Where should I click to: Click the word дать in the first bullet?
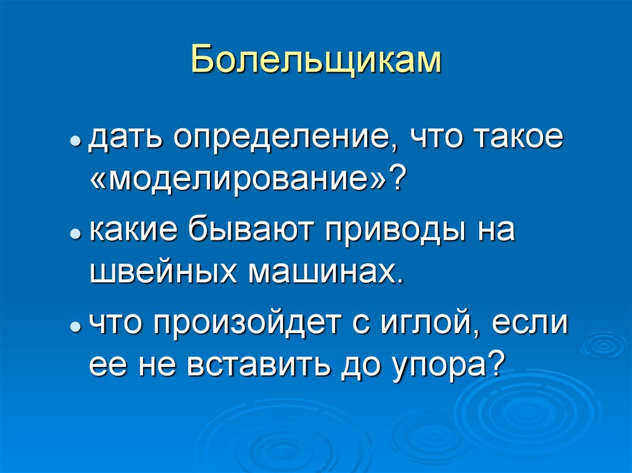[x=126, y=139]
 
